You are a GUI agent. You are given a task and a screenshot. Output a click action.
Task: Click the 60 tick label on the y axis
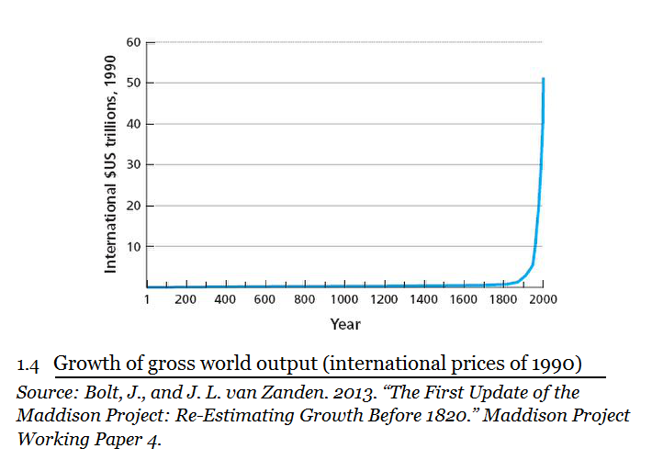[134, 42]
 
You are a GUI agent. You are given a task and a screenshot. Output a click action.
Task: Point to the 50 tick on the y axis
[134, 84]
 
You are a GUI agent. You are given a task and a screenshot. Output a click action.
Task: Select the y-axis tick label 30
[134, 165]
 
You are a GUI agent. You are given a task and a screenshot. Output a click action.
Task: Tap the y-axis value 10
[134, 247]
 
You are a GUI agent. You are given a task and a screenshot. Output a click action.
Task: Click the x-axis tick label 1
[147, 299]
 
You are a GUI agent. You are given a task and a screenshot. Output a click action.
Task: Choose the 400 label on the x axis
[225, 299]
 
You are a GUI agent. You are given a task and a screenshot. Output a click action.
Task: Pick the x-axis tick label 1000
[344, 299]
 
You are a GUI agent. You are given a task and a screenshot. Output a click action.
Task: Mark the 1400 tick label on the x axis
[424, 299]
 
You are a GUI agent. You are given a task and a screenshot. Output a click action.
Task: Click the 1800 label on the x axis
[504, 299]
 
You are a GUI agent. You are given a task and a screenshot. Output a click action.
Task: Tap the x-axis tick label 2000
[544, 299]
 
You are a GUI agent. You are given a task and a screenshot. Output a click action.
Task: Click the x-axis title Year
[345, 324]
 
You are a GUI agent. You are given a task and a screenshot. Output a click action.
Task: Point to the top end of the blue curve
[544, 79]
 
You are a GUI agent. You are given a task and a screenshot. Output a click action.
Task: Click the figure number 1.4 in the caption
[28, 364]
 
